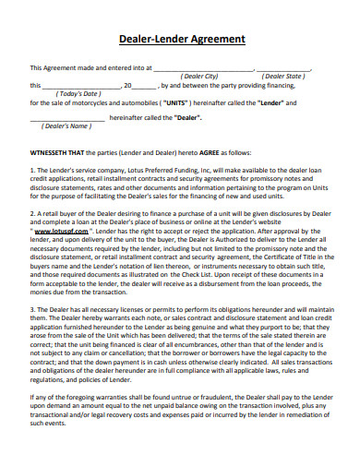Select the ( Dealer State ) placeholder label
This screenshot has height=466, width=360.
[x=282, y=77]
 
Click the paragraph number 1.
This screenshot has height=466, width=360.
[x=32, y=171]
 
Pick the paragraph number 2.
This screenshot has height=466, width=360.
[x=32, y=213]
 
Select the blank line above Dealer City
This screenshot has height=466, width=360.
[x=202, y=69]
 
